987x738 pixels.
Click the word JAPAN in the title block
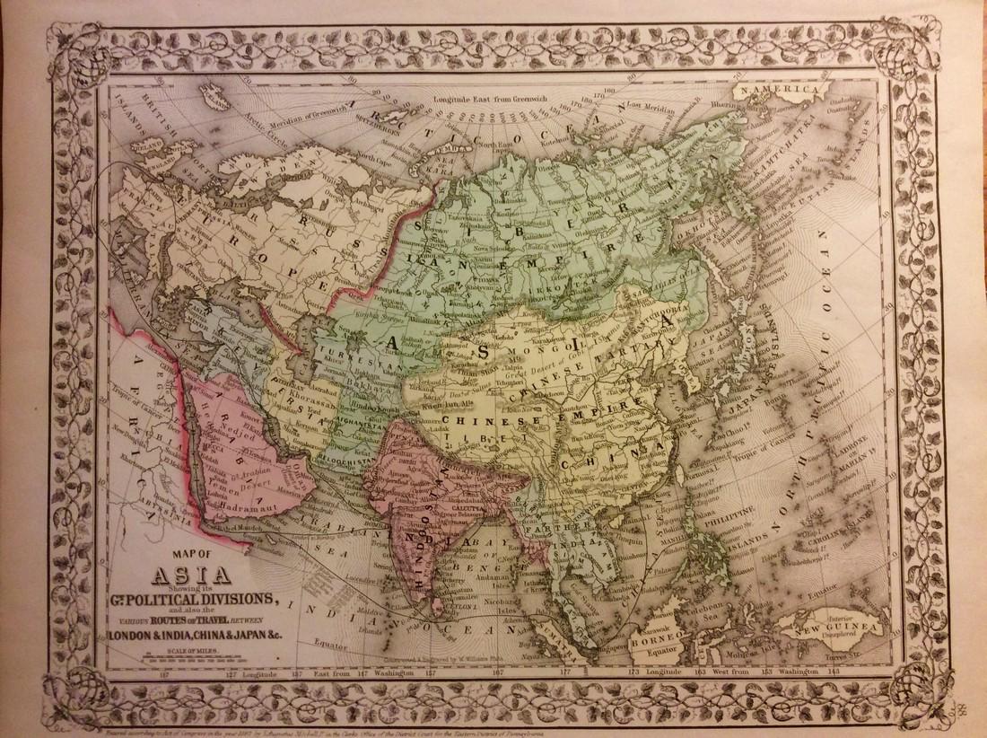263,637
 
